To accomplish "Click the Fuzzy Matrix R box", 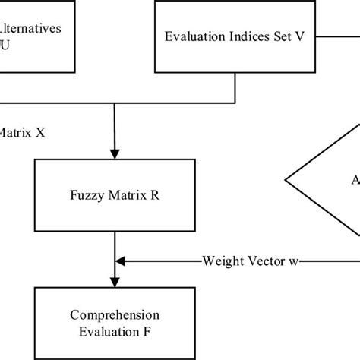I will (114, 195).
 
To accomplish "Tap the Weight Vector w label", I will (251, 261).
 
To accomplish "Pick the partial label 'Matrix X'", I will (23, 131).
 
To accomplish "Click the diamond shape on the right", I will (327, 181).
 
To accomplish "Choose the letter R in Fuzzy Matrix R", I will (154, 195).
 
